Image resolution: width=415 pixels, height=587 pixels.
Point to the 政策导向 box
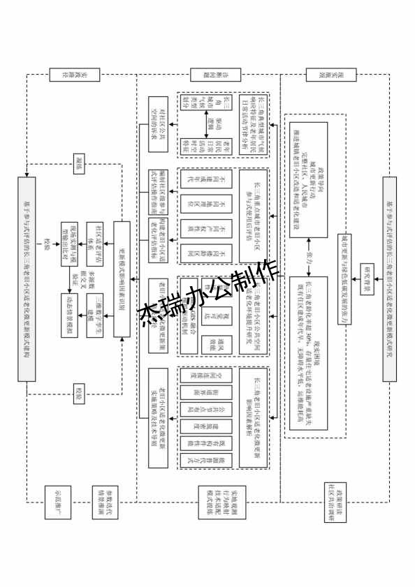click(x=308, y=179)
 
